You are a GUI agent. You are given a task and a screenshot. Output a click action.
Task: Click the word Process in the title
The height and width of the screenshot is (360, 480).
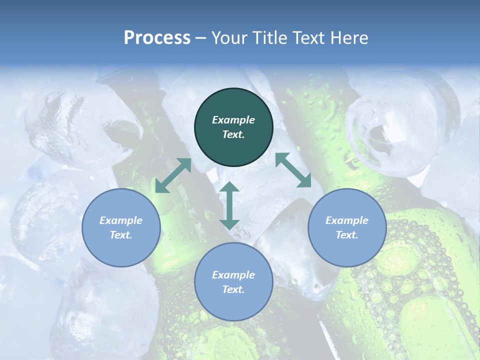pos(157,38)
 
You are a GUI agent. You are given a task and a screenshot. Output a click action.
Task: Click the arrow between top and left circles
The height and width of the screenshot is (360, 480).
pos(173,175)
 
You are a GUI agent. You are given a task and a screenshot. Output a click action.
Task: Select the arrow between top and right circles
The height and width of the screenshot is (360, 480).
pos(293,170)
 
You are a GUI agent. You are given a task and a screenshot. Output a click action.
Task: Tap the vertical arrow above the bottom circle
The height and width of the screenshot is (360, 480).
pos(229,205)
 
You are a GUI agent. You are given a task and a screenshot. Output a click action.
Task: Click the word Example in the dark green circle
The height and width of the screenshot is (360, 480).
pos(233,120)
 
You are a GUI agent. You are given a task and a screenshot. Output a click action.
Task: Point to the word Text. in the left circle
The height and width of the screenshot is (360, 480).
pos(121,235)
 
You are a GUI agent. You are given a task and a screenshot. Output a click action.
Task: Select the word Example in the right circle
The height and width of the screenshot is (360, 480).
pos(347,220)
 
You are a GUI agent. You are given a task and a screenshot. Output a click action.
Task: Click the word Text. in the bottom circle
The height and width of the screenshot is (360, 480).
pos(233,289)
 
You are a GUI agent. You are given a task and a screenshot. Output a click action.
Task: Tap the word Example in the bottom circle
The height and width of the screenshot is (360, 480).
pos(233,275)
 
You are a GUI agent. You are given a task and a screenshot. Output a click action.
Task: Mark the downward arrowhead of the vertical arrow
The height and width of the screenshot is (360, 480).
pos(229,223)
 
